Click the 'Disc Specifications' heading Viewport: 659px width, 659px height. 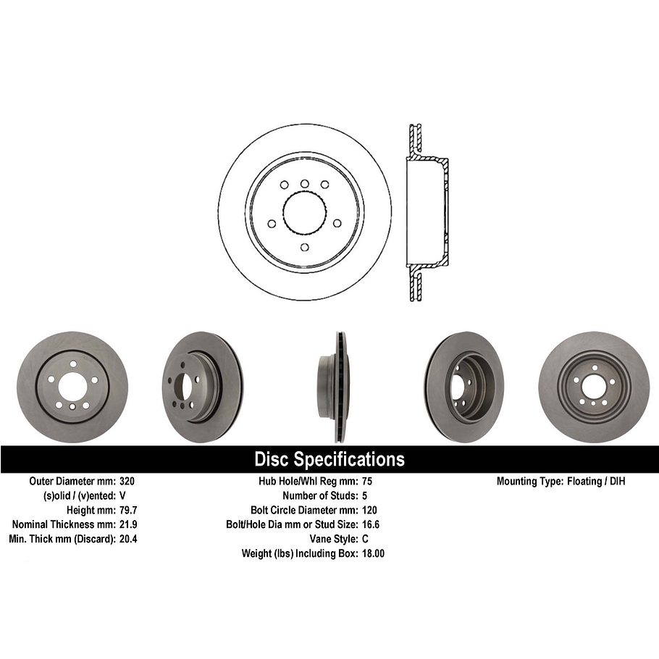pyautogui.click(x=329, y=459)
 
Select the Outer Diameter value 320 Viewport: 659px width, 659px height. pyautogui.click(x=127, y=481)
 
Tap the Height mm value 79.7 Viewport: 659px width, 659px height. pyautogui.click(x=128, y=510)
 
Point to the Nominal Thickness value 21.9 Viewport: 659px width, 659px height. pyautogui.click(x=128, y=524)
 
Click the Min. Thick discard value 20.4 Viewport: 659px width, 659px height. pyautogui.click(x=128, y=539)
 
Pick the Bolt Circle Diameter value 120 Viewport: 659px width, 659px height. pyautogui.click(x=369, y=510)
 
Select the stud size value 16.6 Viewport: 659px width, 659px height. pyautogui.click(x=370, y=524)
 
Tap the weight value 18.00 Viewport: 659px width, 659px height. pyautogui.click(x=372, y=553)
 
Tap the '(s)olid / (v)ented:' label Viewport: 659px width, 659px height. pyautogui.click(x=73, y=495)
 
